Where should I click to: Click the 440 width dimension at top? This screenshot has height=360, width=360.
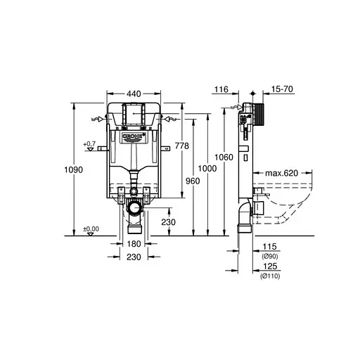tap(132, 91)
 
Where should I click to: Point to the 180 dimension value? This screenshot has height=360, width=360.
tap(134, 244)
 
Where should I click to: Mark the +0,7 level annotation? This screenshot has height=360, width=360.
tap(89, 144)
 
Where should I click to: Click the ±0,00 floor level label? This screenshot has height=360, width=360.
tap(91, 229)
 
